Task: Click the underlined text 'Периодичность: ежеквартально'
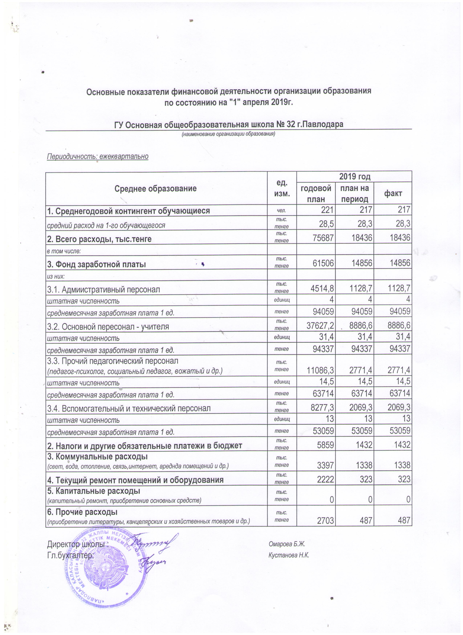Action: tap(98, 156)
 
